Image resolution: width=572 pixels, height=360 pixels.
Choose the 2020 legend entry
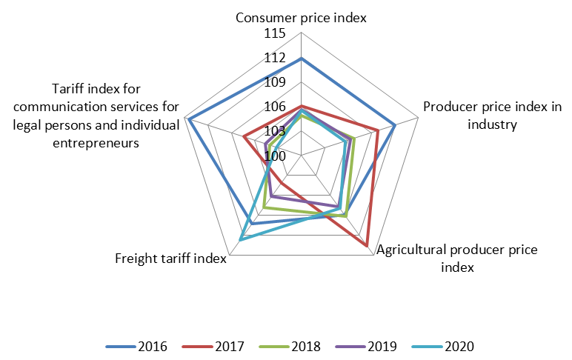click(459, 346)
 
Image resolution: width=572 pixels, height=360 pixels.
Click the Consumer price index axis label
click(301, 17)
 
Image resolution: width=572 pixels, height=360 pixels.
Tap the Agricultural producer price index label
click(457, 258)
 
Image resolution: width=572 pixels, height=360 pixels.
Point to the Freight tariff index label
click(170, 259)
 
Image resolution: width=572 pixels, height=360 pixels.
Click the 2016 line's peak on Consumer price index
click(301, 59)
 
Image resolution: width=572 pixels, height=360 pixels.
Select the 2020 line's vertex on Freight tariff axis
click(241, 239)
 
